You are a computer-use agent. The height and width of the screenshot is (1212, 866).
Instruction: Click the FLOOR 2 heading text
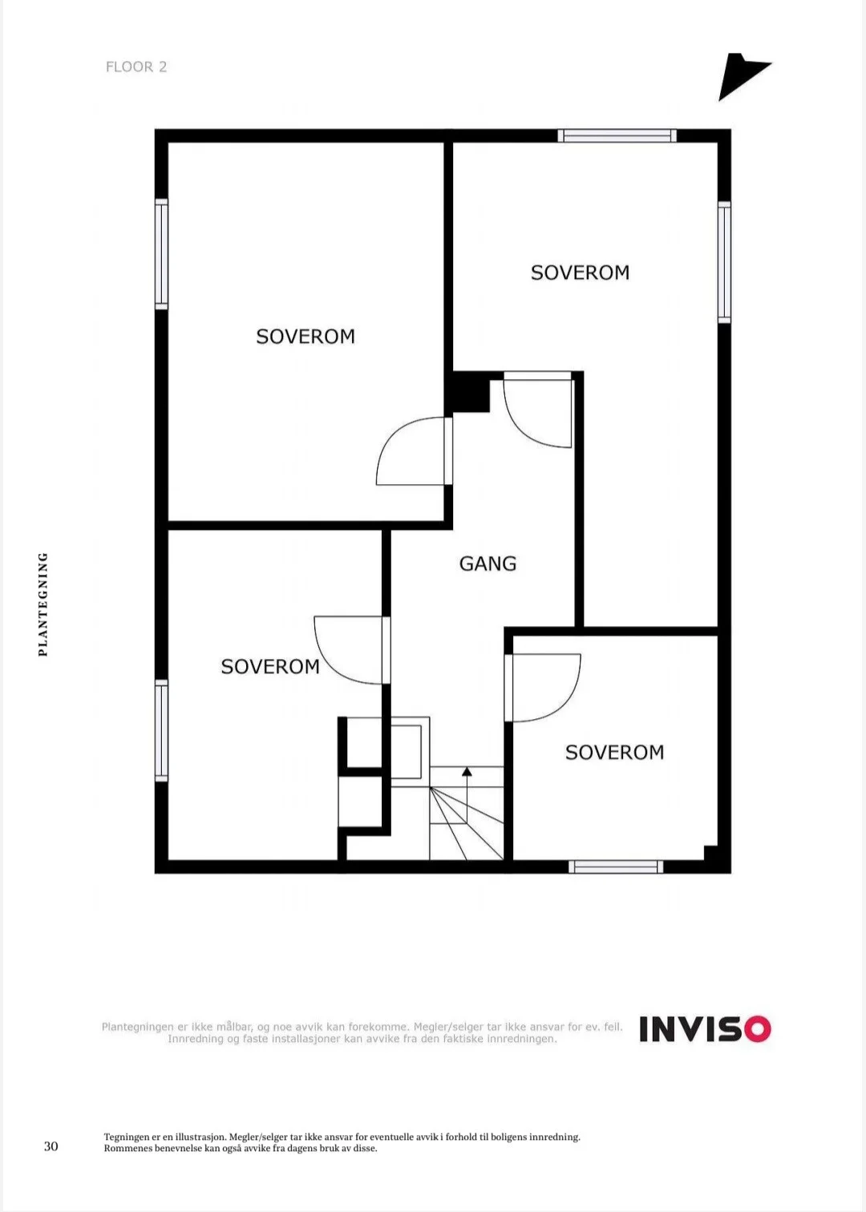[x=136, y=67]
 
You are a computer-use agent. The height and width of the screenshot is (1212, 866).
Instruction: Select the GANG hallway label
[x=488, y=564]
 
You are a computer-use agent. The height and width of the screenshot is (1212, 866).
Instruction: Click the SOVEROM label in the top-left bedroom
[x=306, y=337]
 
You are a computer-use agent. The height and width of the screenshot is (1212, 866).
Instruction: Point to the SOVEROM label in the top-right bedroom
[x=580, y=273]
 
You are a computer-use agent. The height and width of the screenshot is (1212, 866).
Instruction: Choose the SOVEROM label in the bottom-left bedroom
[x=270, y=667]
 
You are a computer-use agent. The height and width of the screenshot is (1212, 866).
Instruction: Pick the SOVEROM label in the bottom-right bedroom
[x=614, y=752]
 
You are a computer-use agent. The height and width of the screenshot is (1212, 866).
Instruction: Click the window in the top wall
[x=617, y=135]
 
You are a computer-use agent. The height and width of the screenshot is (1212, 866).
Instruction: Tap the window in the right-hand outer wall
[x=724, y=262]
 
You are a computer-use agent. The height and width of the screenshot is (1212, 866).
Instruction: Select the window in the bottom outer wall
[x=616, y=867]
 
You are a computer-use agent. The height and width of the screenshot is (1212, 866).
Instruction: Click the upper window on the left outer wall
[x=161, y=254]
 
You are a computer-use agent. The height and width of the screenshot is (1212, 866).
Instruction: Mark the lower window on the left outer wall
[x=161, y=730]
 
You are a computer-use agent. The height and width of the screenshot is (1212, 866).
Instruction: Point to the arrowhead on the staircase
[x=467, y=771]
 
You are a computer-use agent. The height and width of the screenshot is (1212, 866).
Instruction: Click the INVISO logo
[x=706, y=1028]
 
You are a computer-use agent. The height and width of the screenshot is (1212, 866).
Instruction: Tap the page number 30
[x=51, y=1146]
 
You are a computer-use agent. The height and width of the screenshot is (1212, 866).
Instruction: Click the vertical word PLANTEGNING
[x=43, y=604]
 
